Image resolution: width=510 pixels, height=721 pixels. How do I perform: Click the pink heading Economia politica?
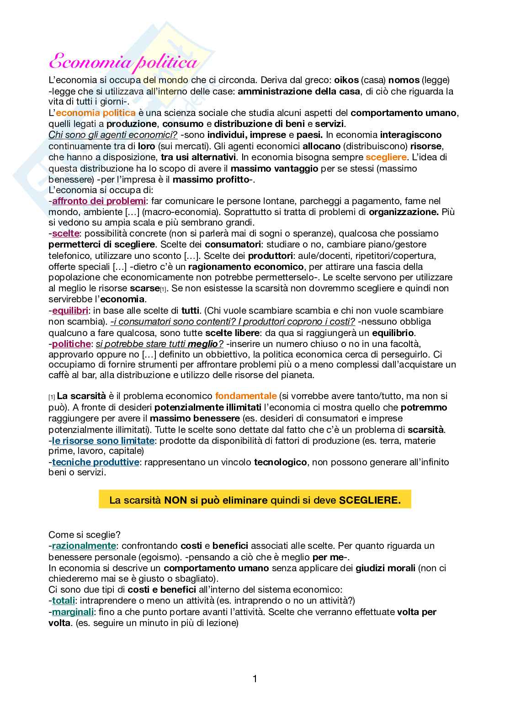point(123,63)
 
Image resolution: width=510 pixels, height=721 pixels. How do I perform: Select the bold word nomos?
point(404,80)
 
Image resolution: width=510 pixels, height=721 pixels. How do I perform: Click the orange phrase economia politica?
point(96,113)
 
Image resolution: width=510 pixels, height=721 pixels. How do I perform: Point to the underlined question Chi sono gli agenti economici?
point(113,135)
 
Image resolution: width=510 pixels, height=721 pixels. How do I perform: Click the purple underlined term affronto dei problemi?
point(99,201)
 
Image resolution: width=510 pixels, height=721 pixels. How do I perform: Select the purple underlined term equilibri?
point(70,311)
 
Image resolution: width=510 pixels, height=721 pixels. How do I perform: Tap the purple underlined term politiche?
point(71,343)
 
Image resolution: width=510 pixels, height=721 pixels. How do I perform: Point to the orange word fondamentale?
point(246,396)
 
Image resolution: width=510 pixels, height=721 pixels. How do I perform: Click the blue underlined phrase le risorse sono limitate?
point(103,441)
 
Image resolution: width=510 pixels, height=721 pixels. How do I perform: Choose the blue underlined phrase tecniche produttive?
point(96,462)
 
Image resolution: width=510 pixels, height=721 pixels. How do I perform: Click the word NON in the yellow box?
point(176,500)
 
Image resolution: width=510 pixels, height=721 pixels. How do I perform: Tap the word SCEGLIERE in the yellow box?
point(369,500)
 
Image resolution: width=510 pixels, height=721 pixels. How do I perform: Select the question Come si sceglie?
point(85,535)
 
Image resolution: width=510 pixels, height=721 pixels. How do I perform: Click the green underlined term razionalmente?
point(84,546)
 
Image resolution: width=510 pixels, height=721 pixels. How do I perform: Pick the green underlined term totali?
point(64,600)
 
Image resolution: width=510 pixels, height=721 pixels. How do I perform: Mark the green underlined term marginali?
point(73,612)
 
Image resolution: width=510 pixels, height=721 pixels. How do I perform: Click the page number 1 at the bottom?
point(255,679)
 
